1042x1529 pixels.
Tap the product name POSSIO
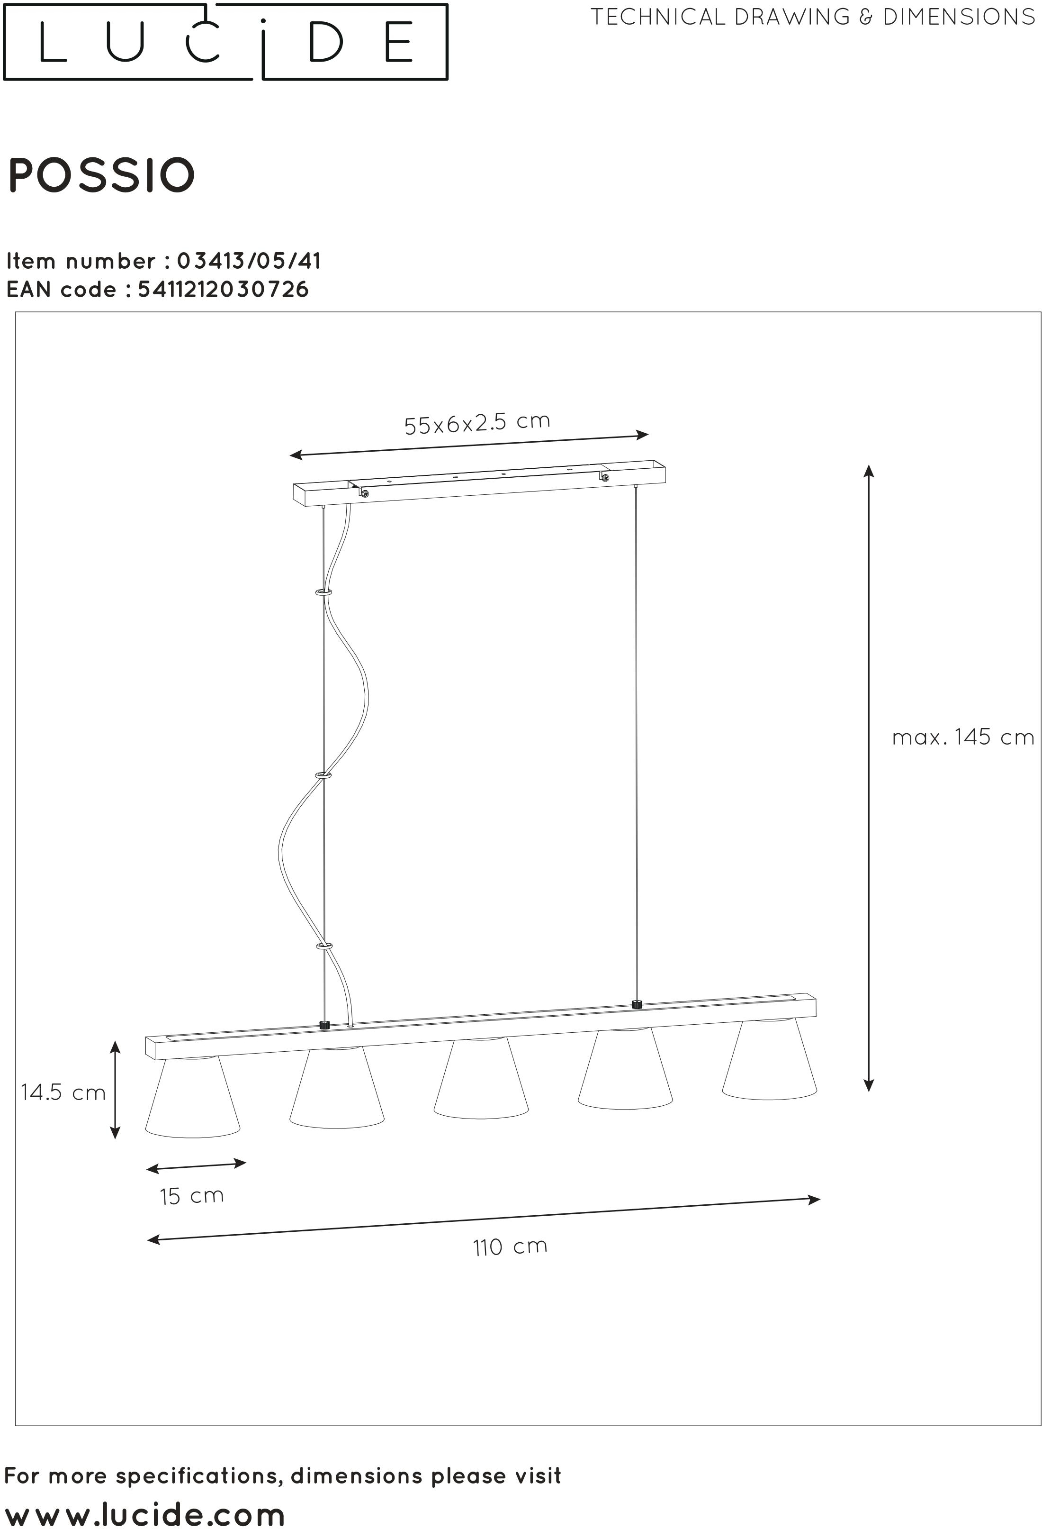[102, 176]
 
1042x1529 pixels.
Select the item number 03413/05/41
[249, 261]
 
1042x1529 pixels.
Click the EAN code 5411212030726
[223, 290]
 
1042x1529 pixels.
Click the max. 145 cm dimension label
[962, 737]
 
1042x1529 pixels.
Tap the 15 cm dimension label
[191, 1195]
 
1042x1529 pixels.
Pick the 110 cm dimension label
[510, 1247]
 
